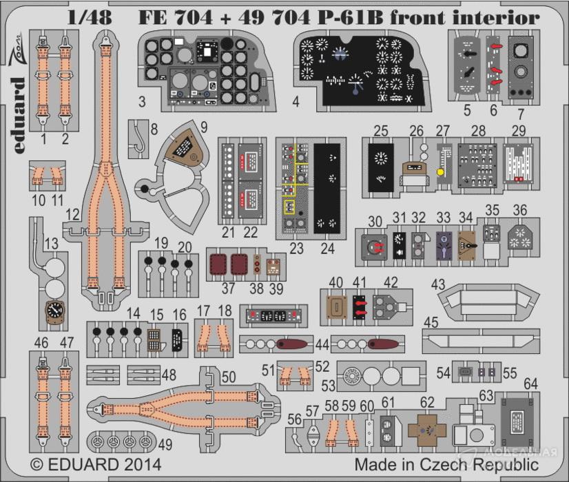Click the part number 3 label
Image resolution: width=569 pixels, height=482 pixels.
[x=141, y=103]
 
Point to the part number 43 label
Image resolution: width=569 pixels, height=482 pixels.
[x=438, y=284]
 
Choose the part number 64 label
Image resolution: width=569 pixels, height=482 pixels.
[x=530, y=383]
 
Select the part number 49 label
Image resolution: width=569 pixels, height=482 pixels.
[x=166, y=445]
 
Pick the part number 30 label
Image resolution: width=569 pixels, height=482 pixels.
[x=375, y=220]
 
